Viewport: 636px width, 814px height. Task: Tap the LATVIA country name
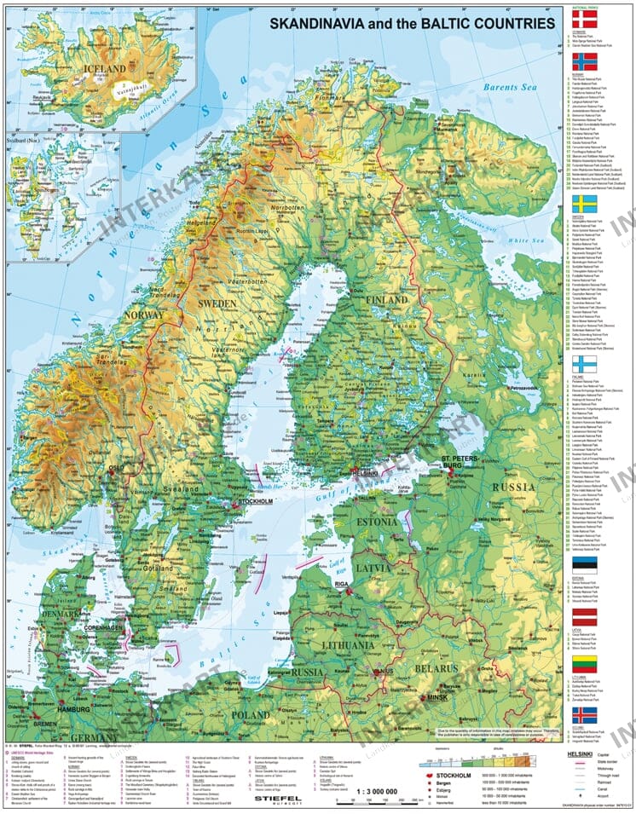point(374,567)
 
